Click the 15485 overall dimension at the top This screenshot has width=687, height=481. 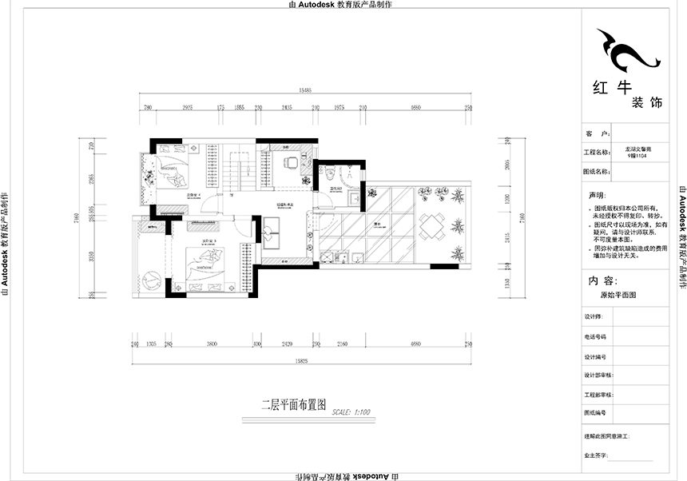(304, 90)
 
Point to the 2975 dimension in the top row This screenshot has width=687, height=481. (188, 106)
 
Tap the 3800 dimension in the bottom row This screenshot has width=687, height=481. (211, 344)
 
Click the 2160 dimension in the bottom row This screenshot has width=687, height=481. (343, 344)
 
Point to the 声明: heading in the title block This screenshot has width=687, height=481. (598, 195)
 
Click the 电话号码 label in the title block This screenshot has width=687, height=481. (596, 337)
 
